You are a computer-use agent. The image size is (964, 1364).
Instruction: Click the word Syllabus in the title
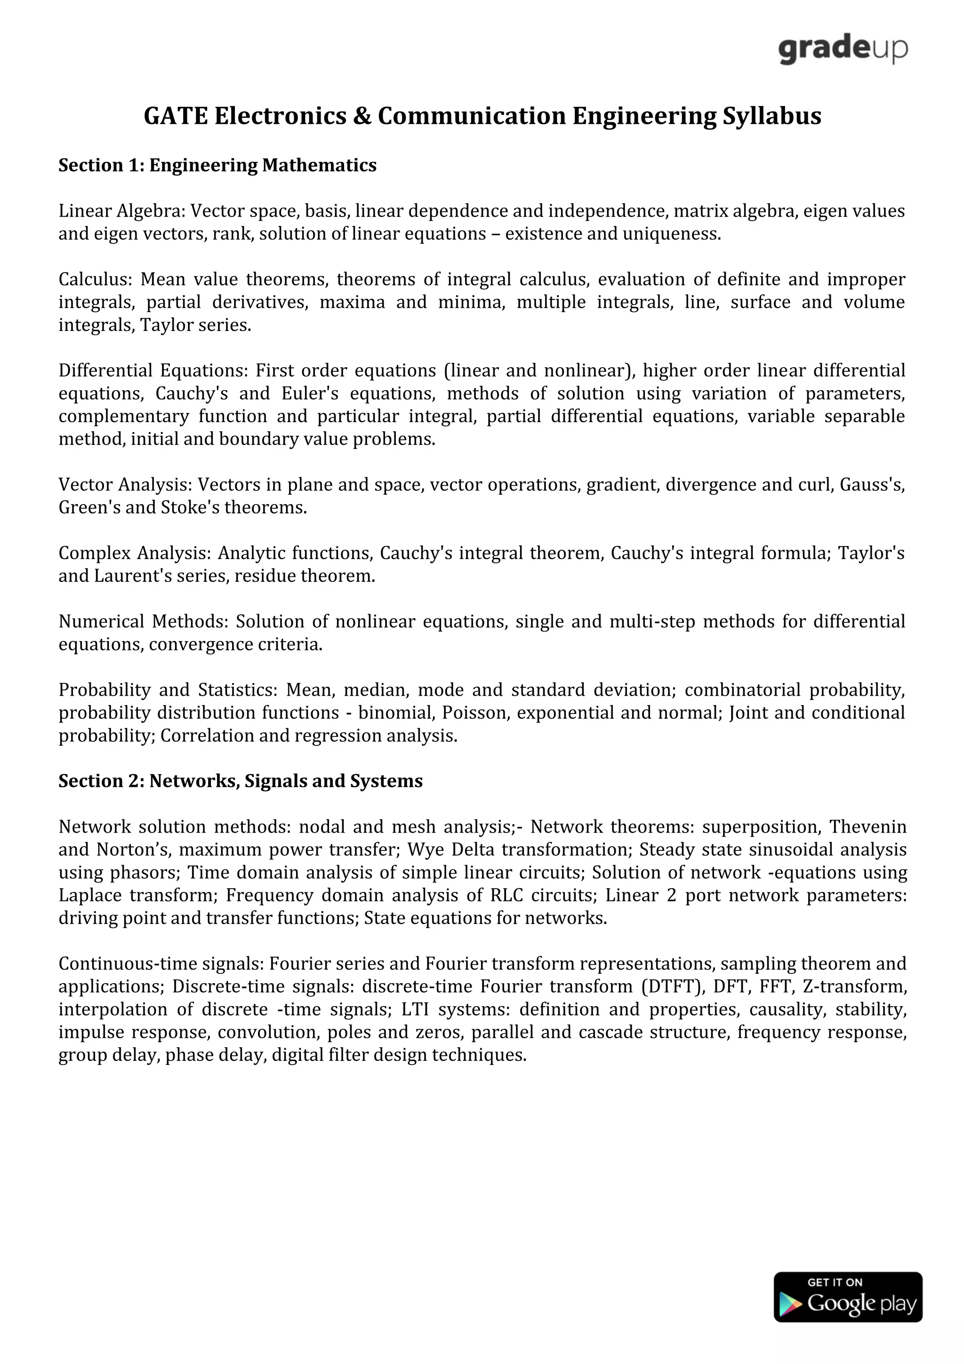pos(771,116)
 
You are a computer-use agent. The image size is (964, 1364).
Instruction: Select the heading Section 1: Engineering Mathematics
pos(217,165)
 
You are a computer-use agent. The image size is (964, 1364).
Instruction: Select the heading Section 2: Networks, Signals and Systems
pos(241,781)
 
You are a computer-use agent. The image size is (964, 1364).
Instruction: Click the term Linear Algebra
pos(121,211)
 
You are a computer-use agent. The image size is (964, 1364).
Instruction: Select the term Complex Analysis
pos(134,553)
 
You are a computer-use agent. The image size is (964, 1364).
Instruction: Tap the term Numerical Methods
pos(142,621)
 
